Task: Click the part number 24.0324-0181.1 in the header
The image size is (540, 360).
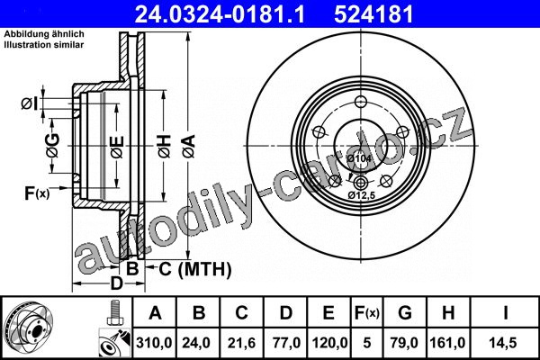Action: [x=220, y=14]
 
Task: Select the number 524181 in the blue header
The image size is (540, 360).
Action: [x=373, y=14]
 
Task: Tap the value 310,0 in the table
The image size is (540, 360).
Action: [x=154, y=343]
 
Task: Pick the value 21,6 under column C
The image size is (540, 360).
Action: [x=241, y=343]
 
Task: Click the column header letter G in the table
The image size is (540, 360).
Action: [x=405, y=313]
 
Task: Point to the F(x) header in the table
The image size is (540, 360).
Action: [x=367, y=313]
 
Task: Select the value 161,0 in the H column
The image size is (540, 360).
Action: [x=447, y=343]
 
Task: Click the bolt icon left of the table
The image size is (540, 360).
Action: [x=115, y=312]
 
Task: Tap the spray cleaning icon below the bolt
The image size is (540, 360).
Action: [x=115, y=343]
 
